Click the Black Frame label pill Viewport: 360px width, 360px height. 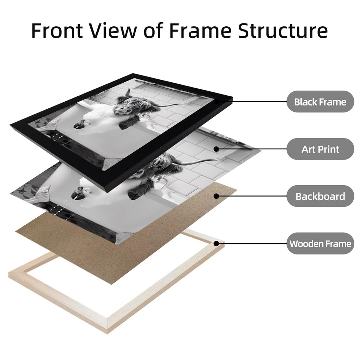coord(320,102)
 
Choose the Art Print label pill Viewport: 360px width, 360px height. coord(320,149)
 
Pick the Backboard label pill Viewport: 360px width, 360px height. coord(320,196)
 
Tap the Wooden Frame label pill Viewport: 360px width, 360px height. coord(320,244)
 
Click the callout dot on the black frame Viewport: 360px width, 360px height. coord(216,102)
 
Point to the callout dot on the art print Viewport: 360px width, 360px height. coord(216,149)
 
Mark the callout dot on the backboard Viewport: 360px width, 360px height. coord(216,196)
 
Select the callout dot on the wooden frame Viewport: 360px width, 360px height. coord(216,244)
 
